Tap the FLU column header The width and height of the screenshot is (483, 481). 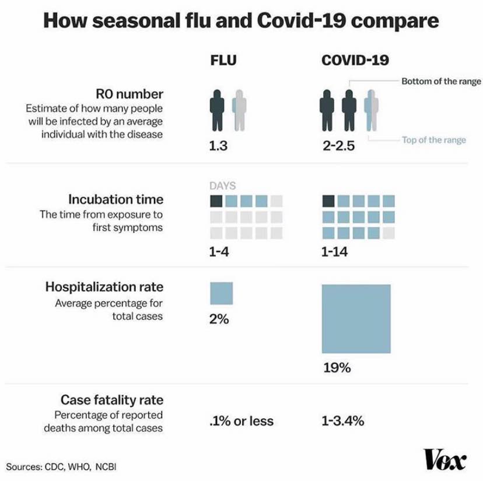[x=223, y=60]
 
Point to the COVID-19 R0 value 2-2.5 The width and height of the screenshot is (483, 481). [x=338, y=146]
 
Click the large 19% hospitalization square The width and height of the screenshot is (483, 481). [x=356, y=319]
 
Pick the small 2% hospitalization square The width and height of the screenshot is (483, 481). [x=221, y=293]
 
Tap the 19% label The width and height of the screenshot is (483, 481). [x=337, y=368]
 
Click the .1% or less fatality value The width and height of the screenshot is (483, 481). [x=241, y=421]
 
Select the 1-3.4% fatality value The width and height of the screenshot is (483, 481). [x=343, y=421]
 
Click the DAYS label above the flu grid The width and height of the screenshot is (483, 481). [x=222, y=186]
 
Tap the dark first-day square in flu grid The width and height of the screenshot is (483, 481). [x=216, y=201]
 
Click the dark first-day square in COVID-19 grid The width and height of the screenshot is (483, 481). [x=328, y=201]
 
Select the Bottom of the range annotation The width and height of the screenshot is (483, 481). [x=441, y=81]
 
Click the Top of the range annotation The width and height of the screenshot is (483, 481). [x=433, y=140]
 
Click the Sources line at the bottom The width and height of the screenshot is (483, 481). [x=65, y=466]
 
